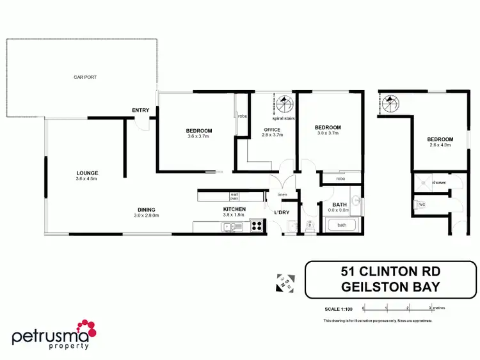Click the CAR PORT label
[84, 77]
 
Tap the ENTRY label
[141, 111]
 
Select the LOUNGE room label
[87, 173]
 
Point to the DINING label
[146, 210]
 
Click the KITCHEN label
[234, 210]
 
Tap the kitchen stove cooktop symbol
[257, 225]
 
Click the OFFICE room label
[273, 130]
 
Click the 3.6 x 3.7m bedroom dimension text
[200, 136]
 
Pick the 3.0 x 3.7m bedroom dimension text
[327, 133]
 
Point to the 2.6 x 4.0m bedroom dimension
[440, 145]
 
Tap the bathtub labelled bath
[342, 225]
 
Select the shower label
[438, 183]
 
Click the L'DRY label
[282, 212]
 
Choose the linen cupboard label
[282, 194]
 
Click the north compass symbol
[285, 282]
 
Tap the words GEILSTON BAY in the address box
[392, 287]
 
